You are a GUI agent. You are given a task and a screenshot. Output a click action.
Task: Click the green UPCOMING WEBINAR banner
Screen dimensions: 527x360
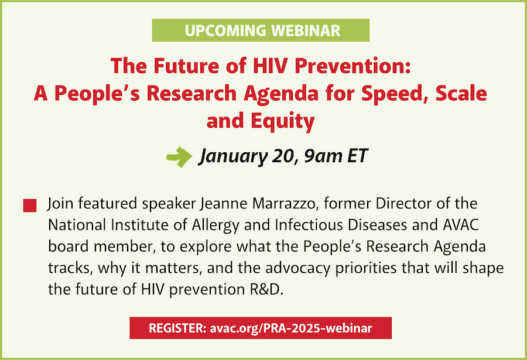[261, 30]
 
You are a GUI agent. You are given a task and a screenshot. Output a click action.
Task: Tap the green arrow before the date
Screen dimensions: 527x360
[179, 157]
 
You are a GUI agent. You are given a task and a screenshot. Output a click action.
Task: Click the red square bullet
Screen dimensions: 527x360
[30, 205]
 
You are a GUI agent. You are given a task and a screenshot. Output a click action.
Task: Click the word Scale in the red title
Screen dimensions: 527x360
[461, 93]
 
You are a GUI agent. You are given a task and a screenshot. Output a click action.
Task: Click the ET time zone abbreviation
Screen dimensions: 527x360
[357, 156]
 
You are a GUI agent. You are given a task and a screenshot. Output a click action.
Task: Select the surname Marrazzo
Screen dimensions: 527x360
[285, 204]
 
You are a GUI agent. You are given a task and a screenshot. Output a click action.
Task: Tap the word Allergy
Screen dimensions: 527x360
[215, 225]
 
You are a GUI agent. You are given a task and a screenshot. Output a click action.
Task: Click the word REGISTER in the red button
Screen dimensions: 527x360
[177, 328]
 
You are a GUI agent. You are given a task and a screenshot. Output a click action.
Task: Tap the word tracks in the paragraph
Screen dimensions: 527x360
[69, 268]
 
